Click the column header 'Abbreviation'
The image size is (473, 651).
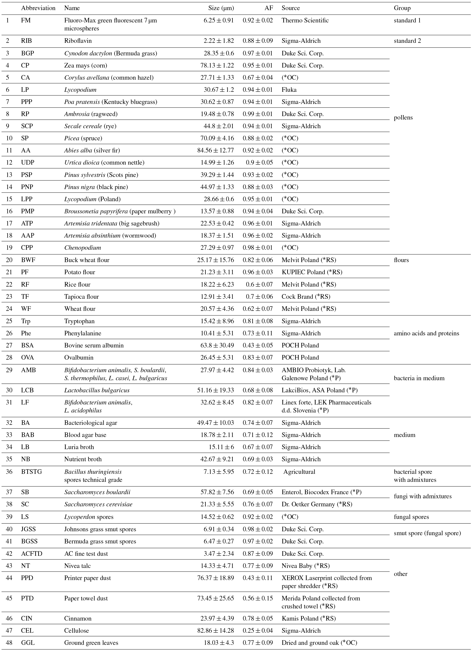[x=38, y=8]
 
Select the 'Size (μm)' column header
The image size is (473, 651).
[x=221, y=8]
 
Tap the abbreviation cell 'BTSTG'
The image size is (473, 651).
[x=31, y=472]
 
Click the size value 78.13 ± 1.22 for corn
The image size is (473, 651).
[x=217, y=65]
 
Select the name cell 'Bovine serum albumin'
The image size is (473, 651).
[x=94, y=345]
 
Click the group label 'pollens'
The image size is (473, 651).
[x=403, y=117]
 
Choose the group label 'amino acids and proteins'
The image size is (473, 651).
[x=426, y=333]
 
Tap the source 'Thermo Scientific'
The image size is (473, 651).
[x=305, y=20]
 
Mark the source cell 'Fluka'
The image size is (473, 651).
[x=289, y=90]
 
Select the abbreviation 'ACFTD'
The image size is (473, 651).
[x=32, y=553]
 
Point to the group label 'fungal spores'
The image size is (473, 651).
[x=411, y=517]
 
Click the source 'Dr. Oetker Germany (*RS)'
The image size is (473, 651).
[x=316, y=504]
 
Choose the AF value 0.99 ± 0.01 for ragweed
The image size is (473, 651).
[x=257, y=114]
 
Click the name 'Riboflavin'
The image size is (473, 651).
[x=78, y=41]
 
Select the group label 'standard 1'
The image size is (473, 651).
[x=407, y=20]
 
